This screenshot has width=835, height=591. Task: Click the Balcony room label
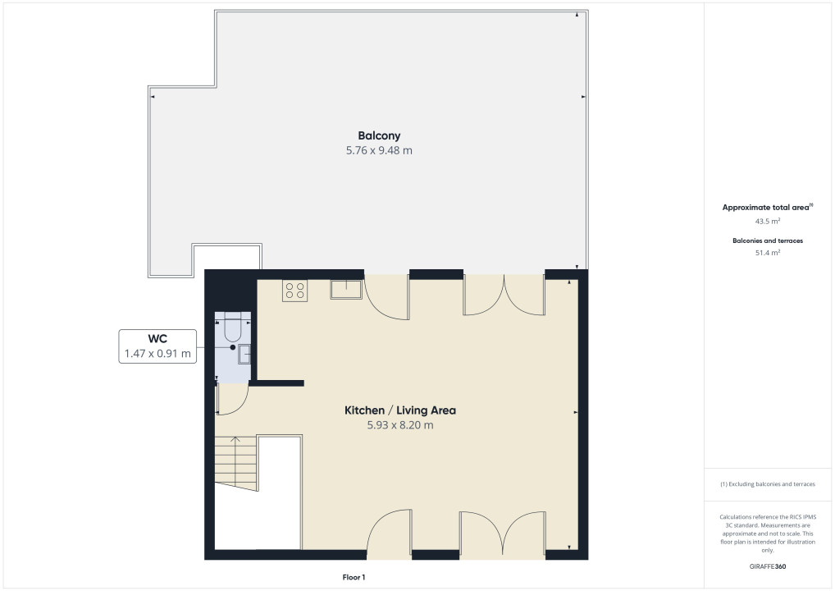coord(379,136)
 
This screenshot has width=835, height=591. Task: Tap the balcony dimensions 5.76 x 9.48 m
coord(379,150)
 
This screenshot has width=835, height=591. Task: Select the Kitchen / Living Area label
coord(400,410)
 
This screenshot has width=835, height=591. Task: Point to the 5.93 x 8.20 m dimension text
coord(400,425)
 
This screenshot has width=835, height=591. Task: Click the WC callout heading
coord(157,338)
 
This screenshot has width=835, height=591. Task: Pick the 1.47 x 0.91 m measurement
coord(157,353)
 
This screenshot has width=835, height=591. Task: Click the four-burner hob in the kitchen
coord(294,291)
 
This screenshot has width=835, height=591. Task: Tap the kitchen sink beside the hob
coord(346,289)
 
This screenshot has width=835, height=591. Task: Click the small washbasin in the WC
coord(244,354)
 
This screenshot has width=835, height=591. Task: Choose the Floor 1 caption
coord(354,577)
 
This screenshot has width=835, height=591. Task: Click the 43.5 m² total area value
coord(768,221)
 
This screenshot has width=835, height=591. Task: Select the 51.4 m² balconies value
coord(768,253)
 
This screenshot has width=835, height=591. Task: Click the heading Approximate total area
coord(766,208)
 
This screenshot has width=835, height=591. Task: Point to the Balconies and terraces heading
coord(768,241)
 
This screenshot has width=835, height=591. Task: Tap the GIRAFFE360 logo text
coord(768,566)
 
